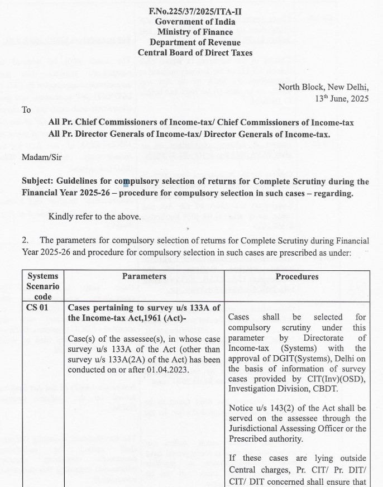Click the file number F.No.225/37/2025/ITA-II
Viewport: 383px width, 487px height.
tap(195, 12)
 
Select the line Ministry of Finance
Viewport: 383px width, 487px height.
tap(195, 32)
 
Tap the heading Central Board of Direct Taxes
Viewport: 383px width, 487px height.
tap(195, 53)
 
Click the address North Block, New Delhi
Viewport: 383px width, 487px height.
tap(324, 88)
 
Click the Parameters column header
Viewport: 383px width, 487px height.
tap(144, 276)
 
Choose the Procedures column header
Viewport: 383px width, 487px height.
tap(297, 276)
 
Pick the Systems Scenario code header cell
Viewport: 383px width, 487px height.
tap(43, 287)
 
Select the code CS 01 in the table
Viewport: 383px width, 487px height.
tap(37, 308)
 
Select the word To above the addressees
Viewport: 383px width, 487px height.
tap(26, 110)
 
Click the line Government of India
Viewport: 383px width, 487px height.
tap(195, 22)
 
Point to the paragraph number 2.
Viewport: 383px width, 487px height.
tap(25, 241)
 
